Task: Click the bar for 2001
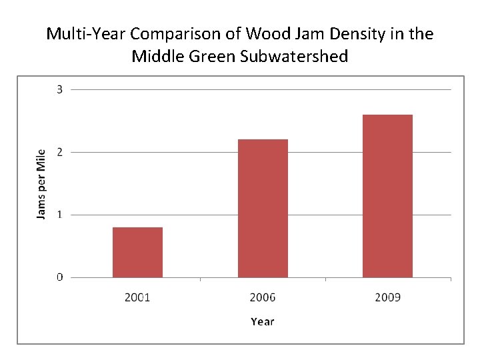pos(137,252)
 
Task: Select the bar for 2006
pos(263,208)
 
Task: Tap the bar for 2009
pos(387,196)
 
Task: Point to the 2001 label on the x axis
pos(137,297)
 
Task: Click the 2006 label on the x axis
pos(263,297)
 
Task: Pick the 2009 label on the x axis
pos(387,297)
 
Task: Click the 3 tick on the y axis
pos(59,89)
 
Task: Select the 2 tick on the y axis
pos(59,152)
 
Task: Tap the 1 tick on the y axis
pos(59,215)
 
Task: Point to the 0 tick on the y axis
pos(59,277)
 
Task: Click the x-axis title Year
pos(263,321)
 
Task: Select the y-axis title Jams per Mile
pos(41,183)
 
